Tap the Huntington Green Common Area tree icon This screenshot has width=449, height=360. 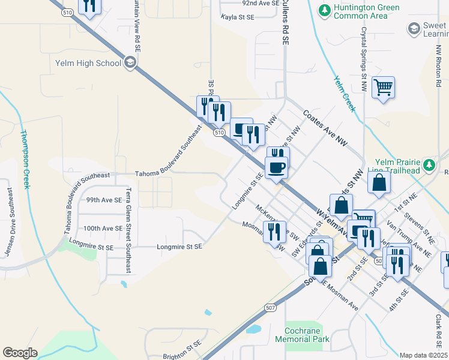pyautogui.click(x=324, y=10)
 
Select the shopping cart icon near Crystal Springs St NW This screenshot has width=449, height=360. pyautogui.click(x=383, y=88)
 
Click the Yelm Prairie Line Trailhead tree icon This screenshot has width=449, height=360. pyautogui.click(x=429, y=165)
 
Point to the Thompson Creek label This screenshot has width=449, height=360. pyautogui.click(x=24, y=159)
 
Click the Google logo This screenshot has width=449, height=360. pyautogui.click(x=20, y=353)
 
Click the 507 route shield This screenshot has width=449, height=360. pyautogui.click(x=268, y=307)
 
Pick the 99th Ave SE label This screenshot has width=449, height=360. pyautogui.click(x=104, y=200)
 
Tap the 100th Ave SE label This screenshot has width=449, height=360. pyautogui.click(x=103, y=229)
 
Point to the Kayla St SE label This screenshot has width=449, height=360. pyautogui.click(x=238, y=17)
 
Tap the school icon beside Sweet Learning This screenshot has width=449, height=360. pyautogui.click(x=414, y=28)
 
